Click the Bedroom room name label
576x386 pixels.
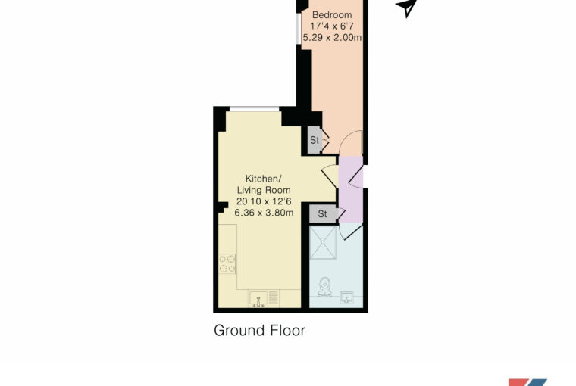coord(332,15)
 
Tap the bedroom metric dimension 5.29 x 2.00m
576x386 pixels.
coord(332,38)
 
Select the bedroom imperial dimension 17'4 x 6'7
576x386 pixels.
coord(332,26)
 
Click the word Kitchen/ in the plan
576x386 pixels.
coord(263,179)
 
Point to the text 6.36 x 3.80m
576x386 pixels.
coord(264,213)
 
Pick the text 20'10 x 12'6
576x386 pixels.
coord(264,201)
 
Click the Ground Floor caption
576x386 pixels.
coord(259,331)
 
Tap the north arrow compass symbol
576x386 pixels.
coord(406,8)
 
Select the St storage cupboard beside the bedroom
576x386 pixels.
coord(314,140)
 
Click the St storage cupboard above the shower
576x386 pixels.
coord(323,213)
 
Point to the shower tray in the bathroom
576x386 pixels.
coord(323,242)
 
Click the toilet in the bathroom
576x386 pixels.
coord(324,287)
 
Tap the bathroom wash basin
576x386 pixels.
coord(346,297)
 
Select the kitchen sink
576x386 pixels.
coord(259,299)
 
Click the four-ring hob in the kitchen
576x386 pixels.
coord(227,264)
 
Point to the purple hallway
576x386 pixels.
coord(351,189)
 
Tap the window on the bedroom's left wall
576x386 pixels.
coord(299,29)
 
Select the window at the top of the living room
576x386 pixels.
coord(254,108)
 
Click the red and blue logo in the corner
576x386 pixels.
coord(527,382)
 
